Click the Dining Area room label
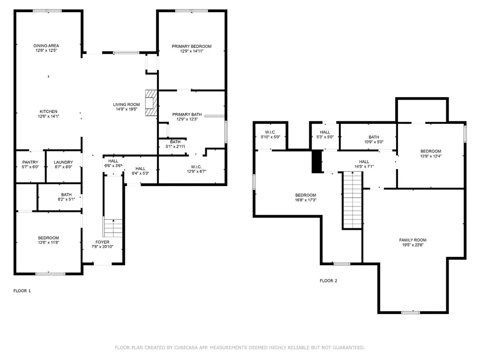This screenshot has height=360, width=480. [46, 45]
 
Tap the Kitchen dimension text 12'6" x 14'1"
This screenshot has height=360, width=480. [48, 116]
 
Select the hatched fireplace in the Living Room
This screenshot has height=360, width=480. [151, 103]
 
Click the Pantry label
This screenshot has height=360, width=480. [30, 162]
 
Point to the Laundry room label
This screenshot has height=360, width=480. [63, 162]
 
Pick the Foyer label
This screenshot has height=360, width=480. [102, 242]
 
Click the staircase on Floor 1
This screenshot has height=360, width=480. [113, 228]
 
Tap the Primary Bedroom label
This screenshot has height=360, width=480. [192, 46]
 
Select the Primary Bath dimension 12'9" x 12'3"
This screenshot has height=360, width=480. [187, 119]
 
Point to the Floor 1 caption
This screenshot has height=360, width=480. [22, 291]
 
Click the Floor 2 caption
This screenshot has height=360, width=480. [329, 281]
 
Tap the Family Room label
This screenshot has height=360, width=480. [412, 240]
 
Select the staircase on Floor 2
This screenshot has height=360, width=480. [352, 200]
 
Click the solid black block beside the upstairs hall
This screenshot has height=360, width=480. [317, 161]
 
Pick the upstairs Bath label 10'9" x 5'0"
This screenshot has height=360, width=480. [374, 137]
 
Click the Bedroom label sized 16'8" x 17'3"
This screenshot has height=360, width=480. [306, 195]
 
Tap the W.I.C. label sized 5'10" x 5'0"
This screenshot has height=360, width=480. [270, 132]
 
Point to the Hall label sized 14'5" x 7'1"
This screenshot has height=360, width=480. [364, 162]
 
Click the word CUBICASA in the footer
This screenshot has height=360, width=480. [187, 347]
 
